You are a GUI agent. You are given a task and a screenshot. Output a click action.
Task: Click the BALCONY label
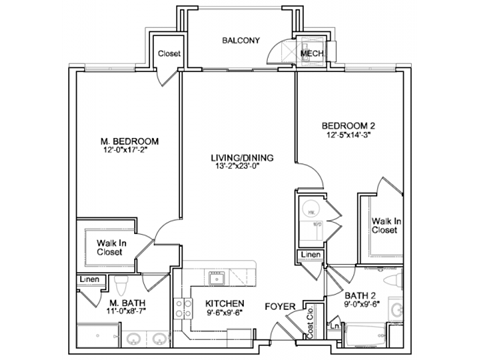pyautogui.click(x=240, y=41)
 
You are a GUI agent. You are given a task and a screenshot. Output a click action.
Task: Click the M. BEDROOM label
pyautogui.click(x=130, y=141)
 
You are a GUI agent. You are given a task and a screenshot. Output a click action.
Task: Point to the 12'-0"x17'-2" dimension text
pyautogui.click(x=130, y=152)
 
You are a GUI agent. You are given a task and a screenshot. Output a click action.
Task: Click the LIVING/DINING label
pyautogui.click(x=238, y=158)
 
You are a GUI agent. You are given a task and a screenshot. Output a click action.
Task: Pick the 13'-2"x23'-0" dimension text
pyautogui.click(x=238, y=169)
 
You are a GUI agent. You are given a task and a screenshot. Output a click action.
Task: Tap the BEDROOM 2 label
pyautogui.click(x=349, y=126)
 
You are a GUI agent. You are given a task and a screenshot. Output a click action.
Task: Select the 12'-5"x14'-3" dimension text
pyautogui.click(x=349, y=137)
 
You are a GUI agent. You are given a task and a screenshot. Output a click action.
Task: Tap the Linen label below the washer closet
pyautogui.click(x=311, y=256)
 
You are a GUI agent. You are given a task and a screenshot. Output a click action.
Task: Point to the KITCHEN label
pyautogui.click(x=225, y=302)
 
